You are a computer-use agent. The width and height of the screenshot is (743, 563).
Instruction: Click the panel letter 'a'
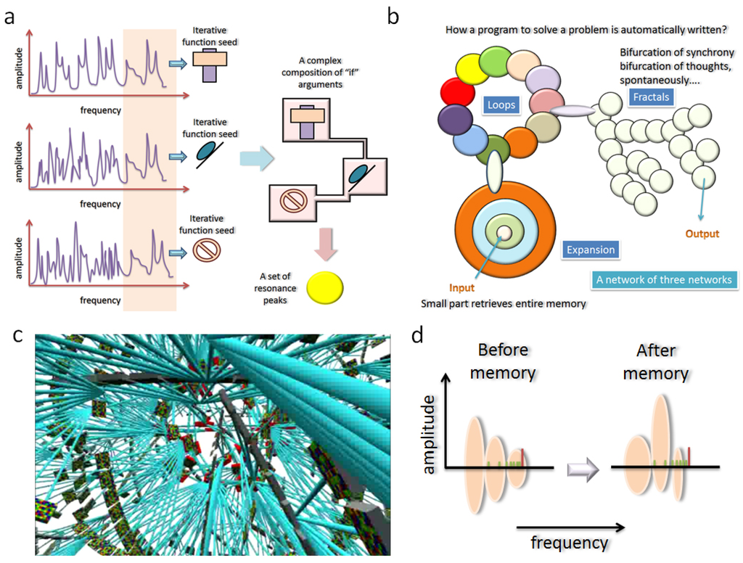pyautogui.click(x=9, y=16)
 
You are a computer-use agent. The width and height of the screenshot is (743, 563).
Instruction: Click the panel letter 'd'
pyautogui.click(x=418, y=337)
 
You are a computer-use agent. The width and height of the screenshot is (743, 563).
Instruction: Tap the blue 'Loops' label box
pyautogui.click(x=501, y=105)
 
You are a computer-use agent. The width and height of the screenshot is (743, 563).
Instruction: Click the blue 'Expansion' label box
pyautogui.click(x=590, y=250)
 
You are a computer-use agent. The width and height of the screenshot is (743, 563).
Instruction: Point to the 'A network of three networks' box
pyautogui.click(x=663, y=280)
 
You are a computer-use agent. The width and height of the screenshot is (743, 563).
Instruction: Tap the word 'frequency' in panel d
pyautogui.click(x=569, y=542)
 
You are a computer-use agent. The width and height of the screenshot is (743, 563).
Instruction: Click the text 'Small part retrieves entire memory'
pyautogui.click(x=503, y=303)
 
